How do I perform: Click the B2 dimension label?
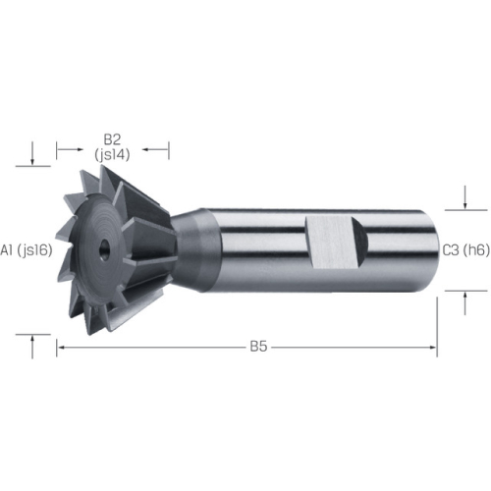(112, 139)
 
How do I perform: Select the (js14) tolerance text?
(112, 154)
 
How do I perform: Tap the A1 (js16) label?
(27, 250)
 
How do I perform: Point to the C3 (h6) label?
(466, 250)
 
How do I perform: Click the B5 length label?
(258, 347)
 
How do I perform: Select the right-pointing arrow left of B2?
(70, 150)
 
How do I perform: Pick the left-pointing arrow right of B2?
(155, 150)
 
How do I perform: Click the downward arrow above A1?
(32, 153)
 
